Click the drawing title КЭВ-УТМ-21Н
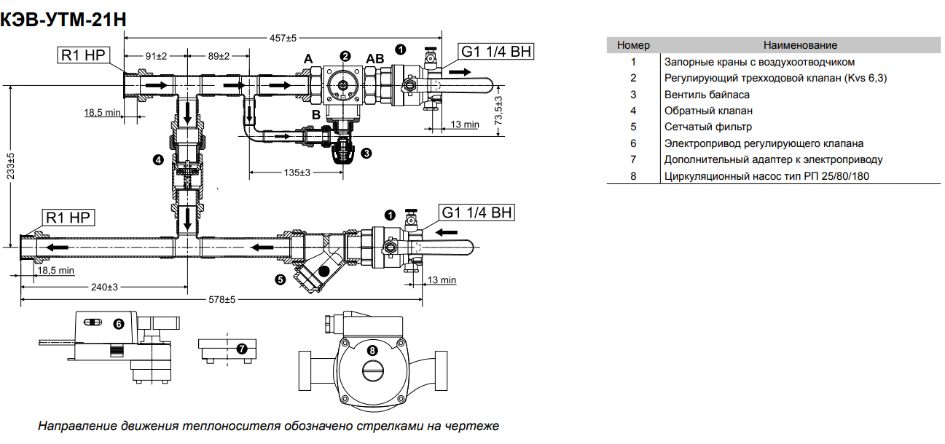click(64, 20)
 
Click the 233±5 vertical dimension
click(9, 165)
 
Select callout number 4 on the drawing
click(158, 159)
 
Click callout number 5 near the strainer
click(280, 278)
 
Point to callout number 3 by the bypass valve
click(366, 153)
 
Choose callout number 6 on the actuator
click(119, 323)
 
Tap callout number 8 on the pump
click(373, 350)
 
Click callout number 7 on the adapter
click(242, 348)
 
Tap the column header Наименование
click(800, 45)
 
